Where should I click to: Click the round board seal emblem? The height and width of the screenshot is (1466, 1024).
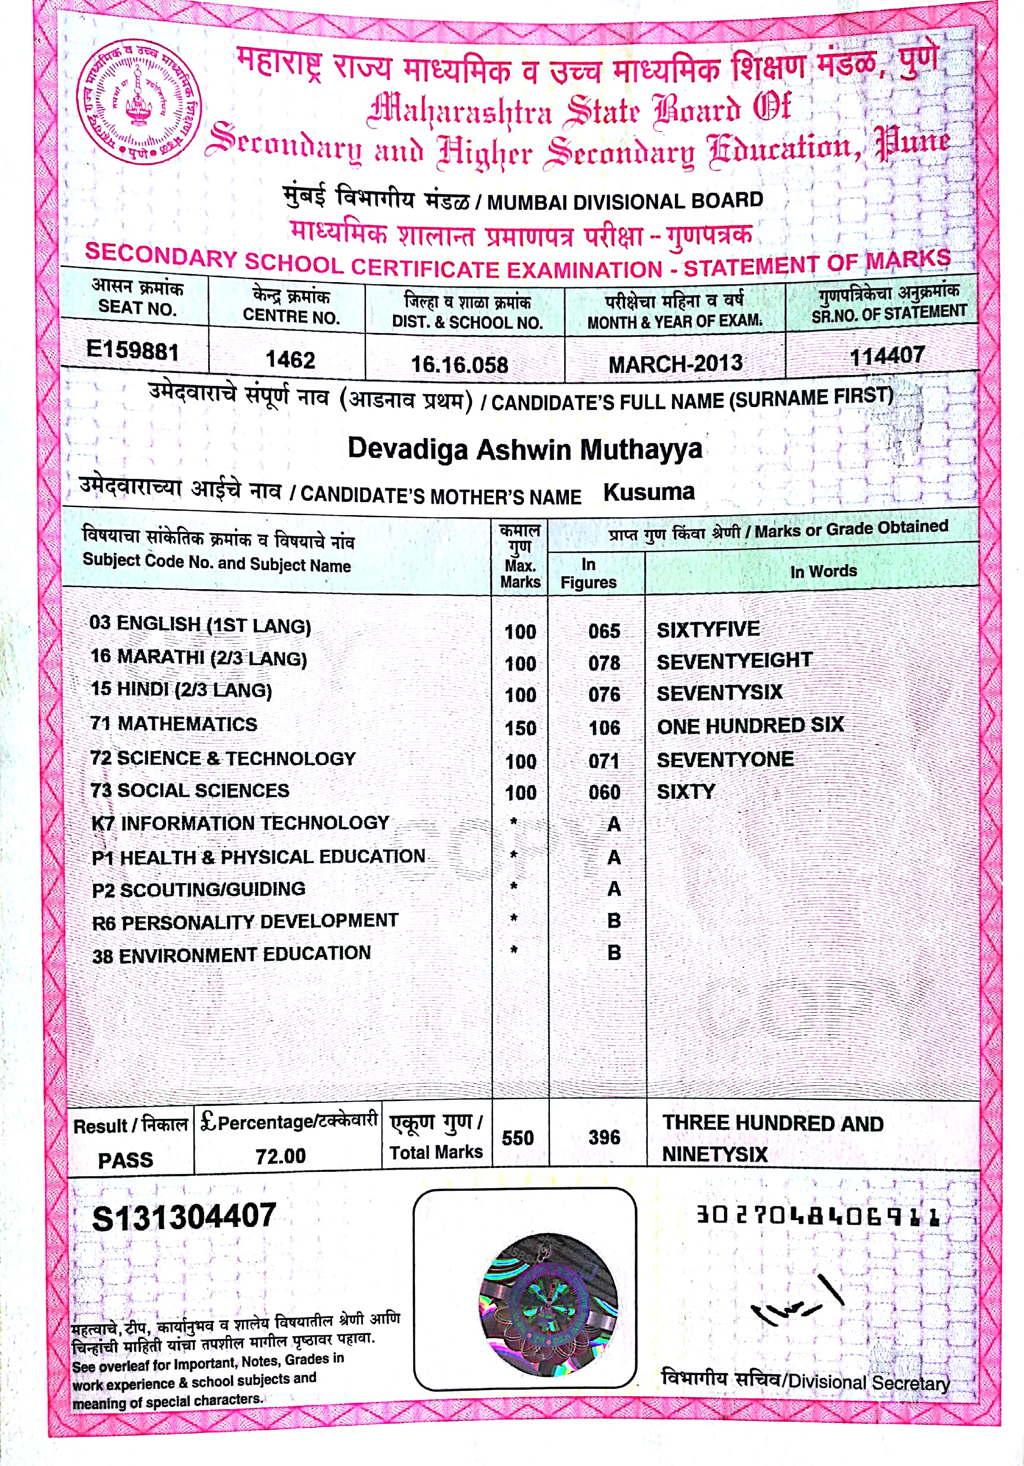(x=138, y=102)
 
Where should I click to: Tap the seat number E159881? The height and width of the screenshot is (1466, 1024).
(x=133, y=351)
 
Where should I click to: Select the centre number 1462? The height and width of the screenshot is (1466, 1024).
(x=290, y=360)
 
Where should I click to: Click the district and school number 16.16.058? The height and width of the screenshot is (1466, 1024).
(x=459, y=365)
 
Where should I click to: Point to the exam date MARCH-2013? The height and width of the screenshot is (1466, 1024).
(x=675, y=364)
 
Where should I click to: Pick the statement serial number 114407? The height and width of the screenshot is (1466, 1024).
(x=887, y=356)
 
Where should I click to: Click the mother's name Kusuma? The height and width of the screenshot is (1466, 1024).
(x=649, y=492)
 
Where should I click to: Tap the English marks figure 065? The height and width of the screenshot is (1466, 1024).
(x=604, y=631)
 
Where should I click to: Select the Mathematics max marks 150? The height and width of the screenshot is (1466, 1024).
(x=521, y=728)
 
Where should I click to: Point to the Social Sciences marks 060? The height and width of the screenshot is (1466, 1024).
(x=604, y=792)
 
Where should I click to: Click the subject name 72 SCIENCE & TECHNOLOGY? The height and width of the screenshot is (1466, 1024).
(x=223, y=758)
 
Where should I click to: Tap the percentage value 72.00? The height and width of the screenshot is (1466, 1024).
(x=281, y=1155)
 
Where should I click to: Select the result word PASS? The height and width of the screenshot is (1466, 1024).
(x=126, y=1159)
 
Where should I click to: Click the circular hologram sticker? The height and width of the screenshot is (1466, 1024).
(x=548, y=1304)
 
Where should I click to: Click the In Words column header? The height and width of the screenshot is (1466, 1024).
(x=824, y=571)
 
